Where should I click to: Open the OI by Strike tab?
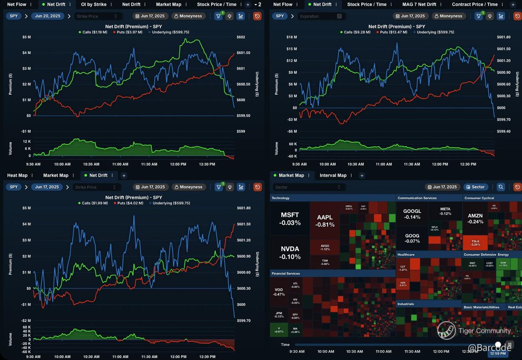point(93,5)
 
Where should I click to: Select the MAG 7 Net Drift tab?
point(413,5)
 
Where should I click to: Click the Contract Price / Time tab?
point(474,5)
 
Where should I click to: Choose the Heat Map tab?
point(17,176)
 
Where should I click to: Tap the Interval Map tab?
point(333,176)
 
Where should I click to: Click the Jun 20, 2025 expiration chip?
point(48,16)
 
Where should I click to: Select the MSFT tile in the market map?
point(290,219)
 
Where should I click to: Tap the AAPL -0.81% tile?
point(325,221)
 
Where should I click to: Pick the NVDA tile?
point(290,252)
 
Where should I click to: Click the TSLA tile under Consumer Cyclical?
point(475,243)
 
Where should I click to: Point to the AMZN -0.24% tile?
point(475,219)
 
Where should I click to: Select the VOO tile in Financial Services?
point(278,292)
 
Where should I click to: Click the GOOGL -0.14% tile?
point(412,214)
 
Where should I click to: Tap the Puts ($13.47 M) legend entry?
point(393,32)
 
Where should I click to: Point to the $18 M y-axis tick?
point(291,37)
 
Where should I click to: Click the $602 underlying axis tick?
point(241,37)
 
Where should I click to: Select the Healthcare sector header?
point(406,254)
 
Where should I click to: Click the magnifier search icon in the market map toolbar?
point(501,187)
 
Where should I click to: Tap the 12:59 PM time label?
point(498,354)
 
